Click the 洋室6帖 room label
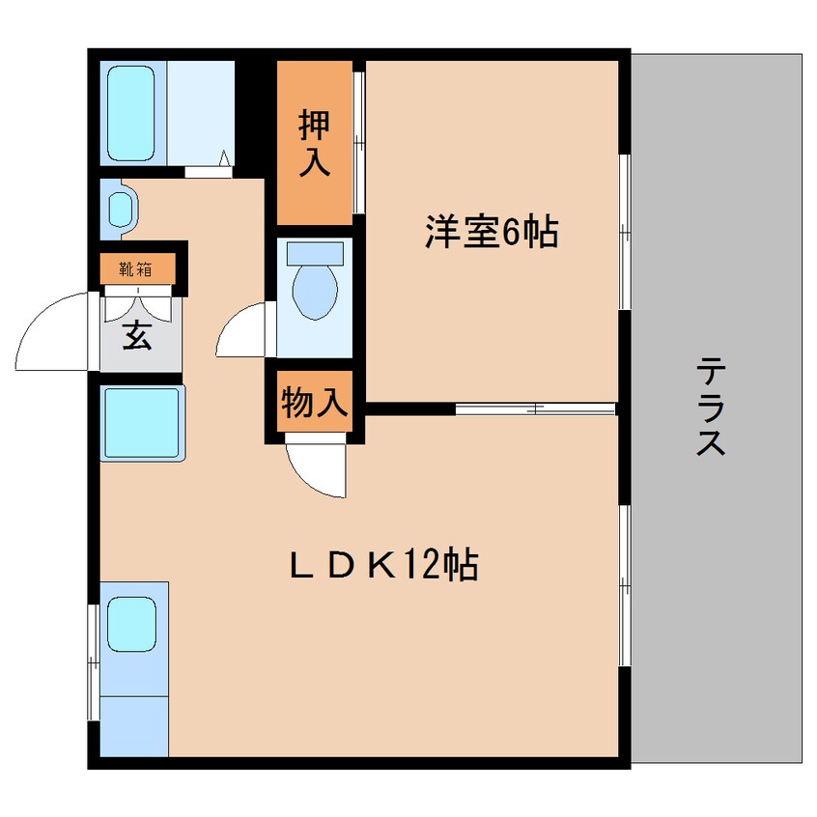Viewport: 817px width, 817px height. (491, 233)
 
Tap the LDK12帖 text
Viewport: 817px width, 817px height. (384, 565)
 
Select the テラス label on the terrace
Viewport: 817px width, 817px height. (712, 407)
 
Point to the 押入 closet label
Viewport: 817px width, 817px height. (314, 143)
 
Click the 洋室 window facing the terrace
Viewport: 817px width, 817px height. (625, 233)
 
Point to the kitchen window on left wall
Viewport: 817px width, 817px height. (94, 662)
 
